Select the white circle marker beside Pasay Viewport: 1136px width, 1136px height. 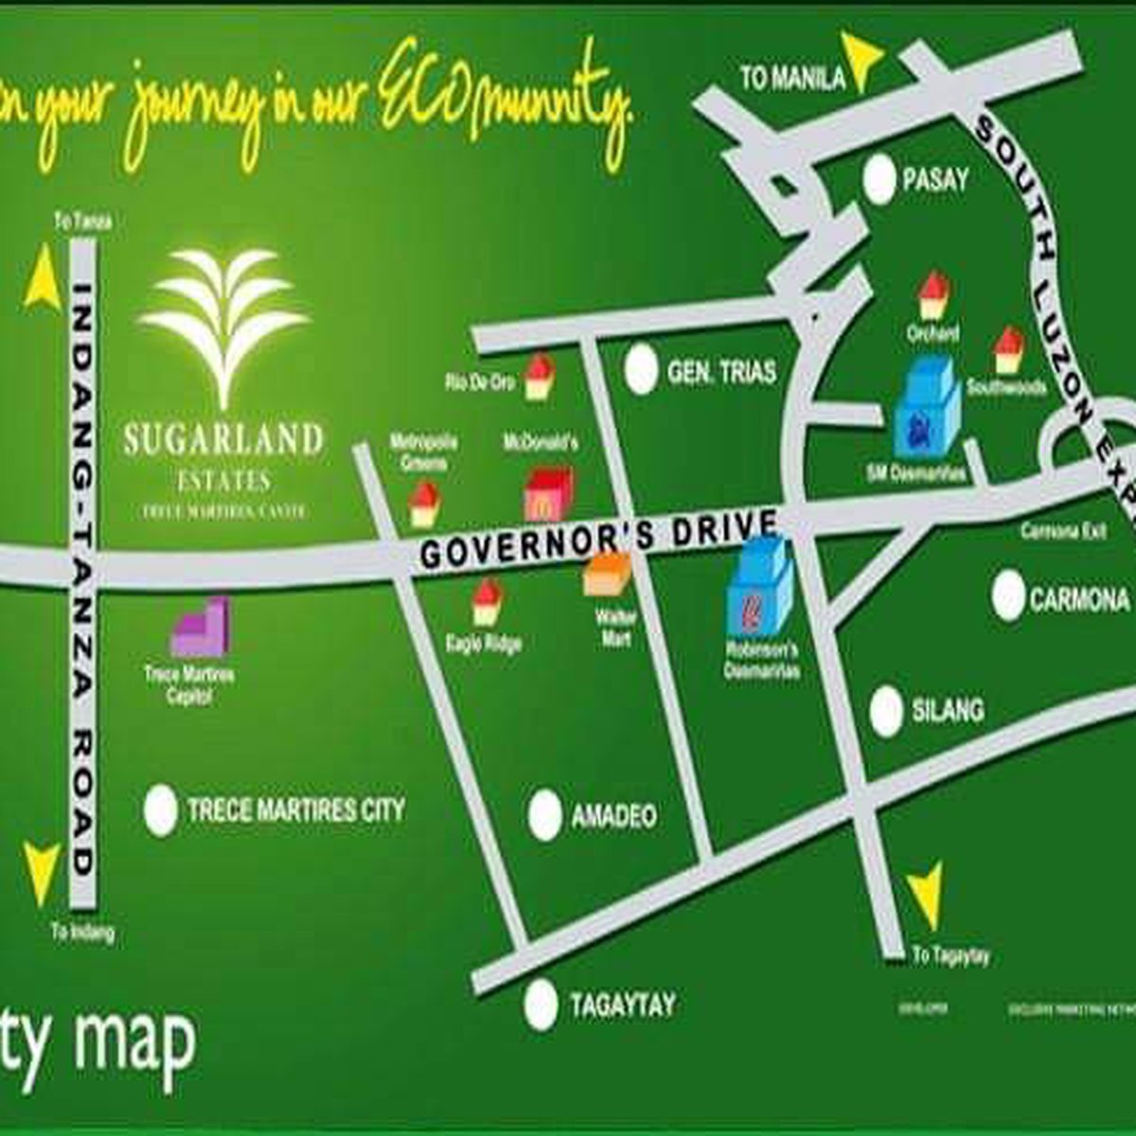pos(880,180)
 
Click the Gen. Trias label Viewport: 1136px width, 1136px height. pos(721,371)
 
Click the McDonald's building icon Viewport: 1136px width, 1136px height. pos(548,492)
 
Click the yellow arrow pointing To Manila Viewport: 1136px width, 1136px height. pos(865,61)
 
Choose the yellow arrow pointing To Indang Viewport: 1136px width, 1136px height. pos(41,871)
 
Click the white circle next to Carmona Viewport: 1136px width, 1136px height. pos(1010,597)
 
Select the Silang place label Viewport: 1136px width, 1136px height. pos(948,710)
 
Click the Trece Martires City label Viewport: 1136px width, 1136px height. pos(295,810)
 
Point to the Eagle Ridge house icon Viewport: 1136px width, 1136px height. pos(487,602)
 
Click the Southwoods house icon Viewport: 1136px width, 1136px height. pos(1009,350)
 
